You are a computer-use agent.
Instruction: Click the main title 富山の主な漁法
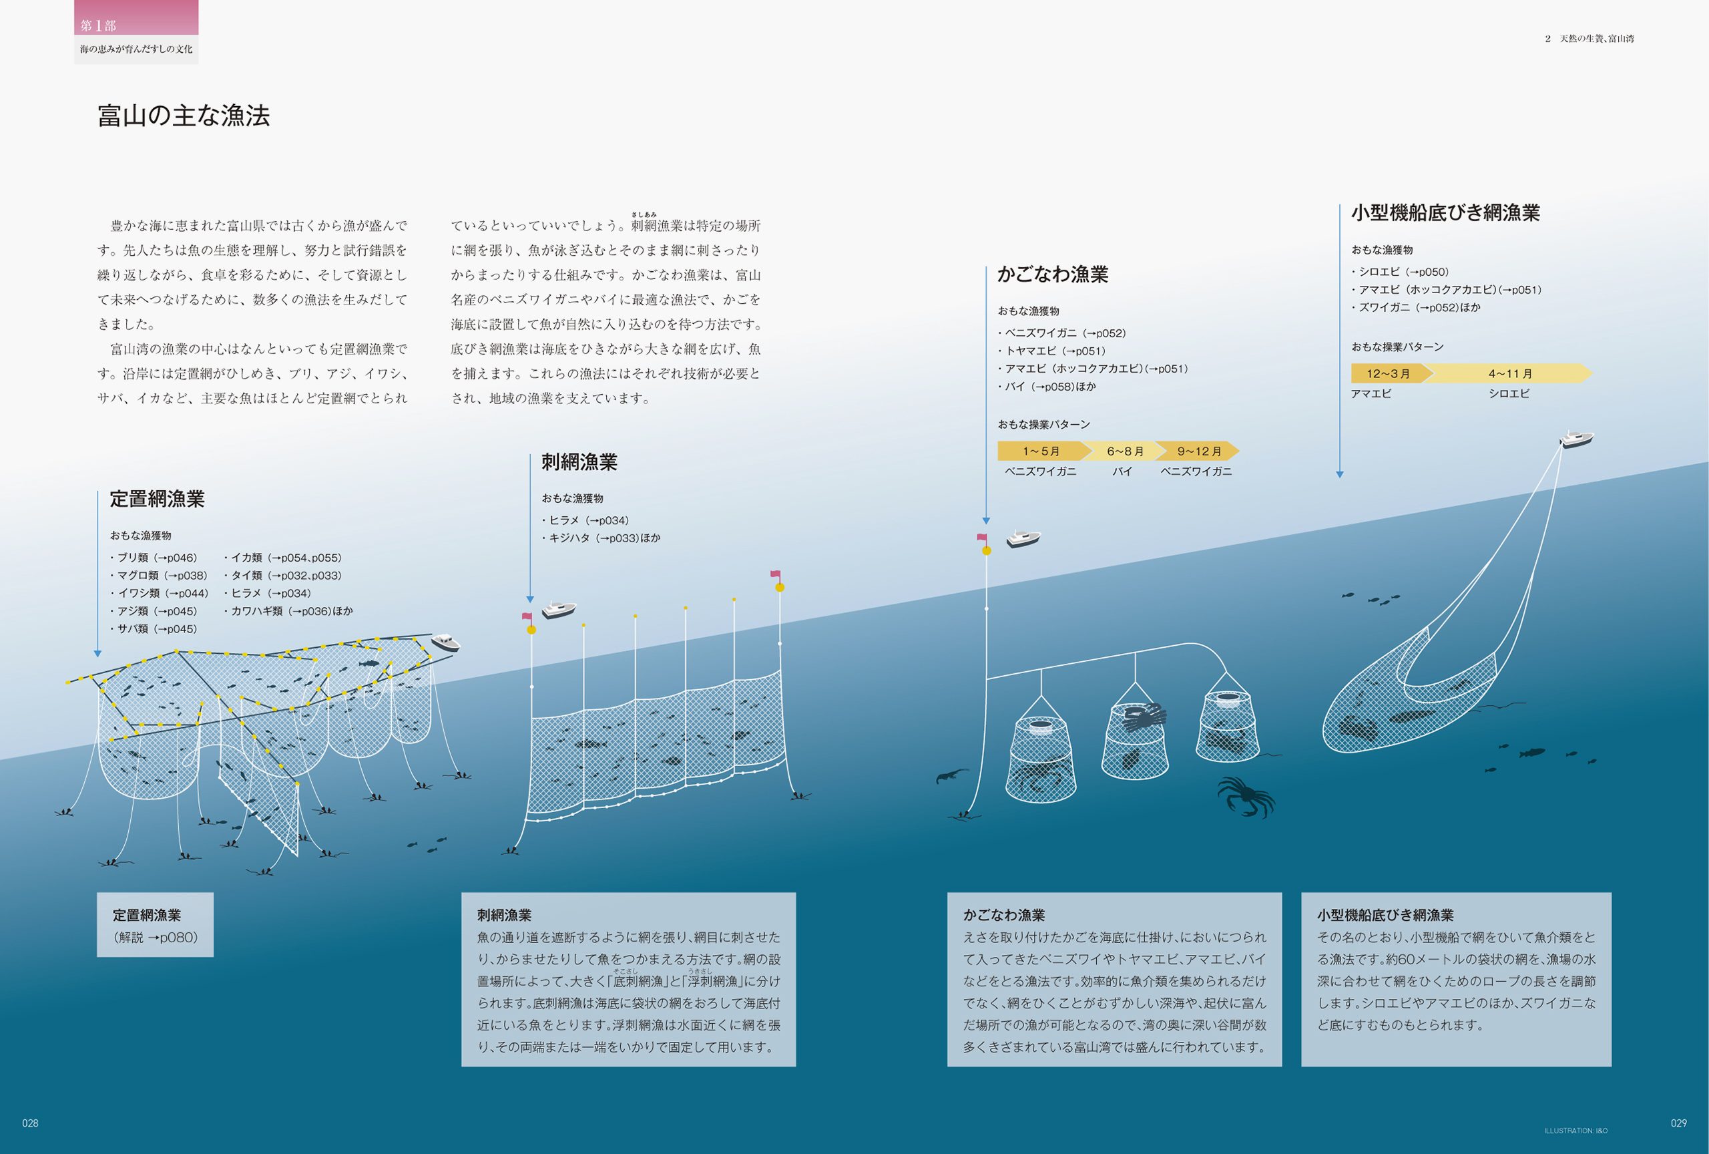[184, 116]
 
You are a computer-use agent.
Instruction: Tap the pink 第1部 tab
[136, 17]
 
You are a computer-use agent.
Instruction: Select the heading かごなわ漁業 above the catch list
[1052, 274]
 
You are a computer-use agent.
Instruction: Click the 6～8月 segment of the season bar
[1124, 451]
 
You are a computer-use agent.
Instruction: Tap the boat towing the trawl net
[1576, 439]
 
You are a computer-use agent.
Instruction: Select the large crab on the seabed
[1246, 796]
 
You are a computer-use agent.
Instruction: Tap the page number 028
[30, 1123]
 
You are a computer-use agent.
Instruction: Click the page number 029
[1679, 1123]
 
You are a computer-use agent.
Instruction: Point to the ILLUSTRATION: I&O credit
[1576, 1131]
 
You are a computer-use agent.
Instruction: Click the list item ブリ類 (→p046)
[154, 558]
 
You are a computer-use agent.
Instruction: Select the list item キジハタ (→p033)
[601, 538]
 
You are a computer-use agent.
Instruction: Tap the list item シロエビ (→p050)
[1401, 272]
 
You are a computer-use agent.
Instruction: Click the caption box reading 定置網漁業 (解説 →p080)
[155, 924]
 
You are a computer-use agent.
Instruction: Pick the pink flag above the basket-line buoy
[982, 538]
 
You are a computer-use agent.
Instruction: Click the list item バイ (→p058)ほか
[1047, 387]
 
